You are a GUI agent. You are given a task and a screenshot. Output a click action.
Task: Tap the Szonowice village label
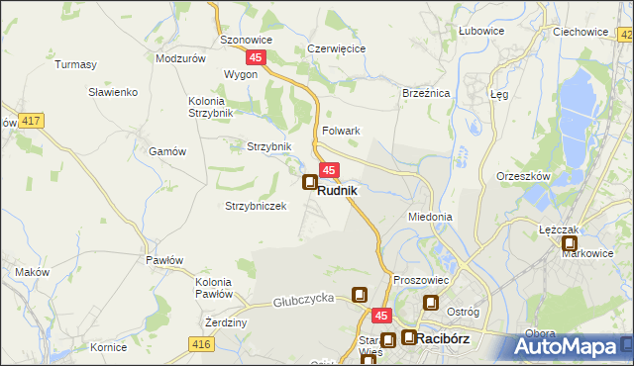[246, 41]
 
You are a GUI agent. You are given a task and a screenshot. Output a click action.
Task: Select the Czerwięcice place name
[337, 48]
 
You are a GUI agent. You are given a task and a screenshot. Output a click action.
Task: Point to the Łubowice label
[481, 31]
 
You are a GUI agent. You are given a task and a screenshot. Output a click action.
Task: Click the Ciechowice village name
[581, 31]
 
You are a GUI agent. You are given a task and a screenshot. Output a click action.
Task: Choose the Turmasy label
[76, 64]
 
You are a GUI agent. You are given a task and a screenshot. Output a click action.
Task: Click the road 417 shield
[31, 121]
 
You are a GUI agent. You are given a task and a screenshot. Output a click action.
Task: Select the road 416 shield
[202, 343]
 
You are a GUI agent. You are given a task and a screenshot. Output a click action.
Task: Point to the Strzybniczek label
[256, 206]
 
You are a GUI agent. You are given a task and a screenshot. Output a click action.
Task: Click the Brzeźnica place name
[426, 92]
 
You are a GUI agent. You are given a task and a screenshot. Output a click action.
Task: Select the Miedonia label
[430, 217]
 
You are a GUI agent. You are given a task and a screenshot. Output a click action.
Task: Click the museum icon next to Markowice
[570, 242]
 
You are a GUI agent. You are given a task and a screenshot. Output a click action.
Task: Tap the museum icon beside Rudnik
[309, 183]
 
